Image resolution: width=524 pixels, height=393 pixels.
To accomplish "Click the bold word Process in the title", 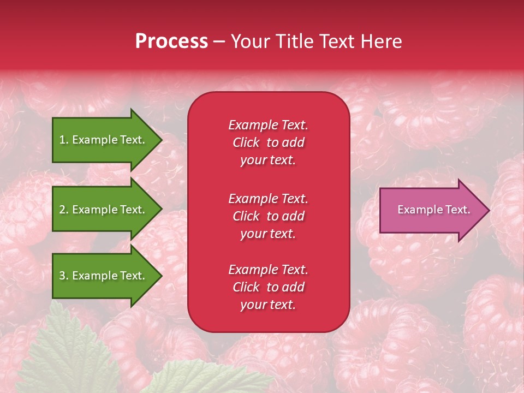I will [171, 41].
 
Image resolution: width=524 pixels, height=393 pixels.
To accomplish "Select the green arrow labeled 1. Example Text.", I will [104, 140].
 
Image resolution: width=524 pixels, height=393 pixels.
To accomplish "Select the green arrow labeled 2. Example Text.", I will [104, 210].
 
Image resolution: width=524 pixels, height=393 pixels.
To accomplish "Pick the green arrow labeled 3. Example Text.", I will [104, 276].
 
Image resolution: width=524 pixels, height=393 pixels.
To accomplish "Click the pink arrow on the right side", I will [431, 210].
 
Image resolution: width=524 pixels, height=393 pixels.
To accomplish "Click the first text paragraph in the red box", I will [268, 142].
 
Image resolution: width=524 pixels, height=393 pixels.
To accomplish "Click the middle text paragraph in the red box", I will [268, 216].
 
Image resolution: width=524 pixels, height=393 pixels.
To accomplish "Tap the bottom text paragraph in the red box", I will [268, 287].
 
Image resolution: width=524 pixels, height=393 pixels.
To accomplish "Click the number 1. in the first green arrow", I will [64, 140].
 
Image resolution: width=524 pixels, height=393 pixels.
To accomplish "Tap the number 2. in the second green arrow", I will [64, 210].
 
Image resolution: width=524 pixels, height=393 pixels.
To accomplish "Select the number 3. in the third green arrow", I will [64, 276].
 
